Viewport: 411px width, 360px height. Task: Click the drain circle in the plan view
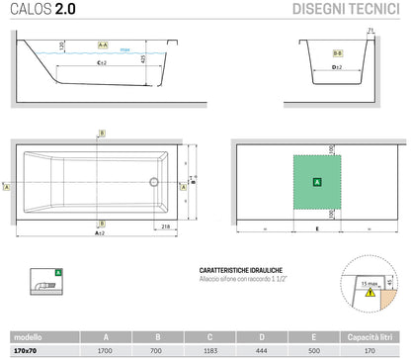[x=153, y=181]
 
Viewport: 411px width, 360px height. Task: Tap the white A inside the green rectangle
[x=316, y=182]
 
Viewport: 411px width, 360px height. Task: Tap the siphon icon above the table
[x=46, y=285]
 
